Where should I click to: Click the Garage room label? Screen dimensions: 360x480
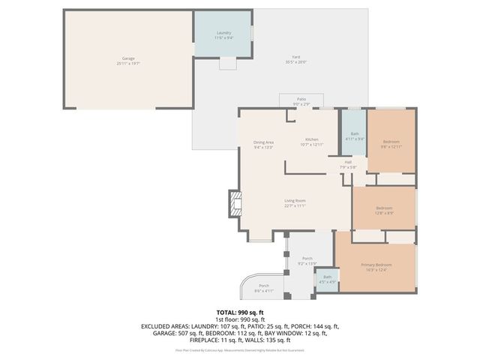click(128, 58)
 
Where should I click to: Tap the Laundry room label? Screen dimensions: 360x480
click(223, 33)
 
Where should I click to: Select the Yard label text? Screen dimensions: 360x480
click(296, 58)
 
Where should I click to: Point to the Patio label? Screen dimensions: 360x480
click(301, 99)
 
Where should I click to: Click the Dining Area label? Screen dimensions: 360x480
click(262, 142)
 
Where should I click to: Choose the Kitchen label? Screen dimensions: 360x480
click(311, 139)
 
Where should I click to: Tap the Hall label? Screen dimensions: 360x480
click(349, 162)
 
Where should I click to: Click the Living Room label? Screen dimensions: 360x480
click(295, 200)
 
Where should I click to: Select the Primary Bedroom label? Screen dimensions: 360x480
click(376, 265)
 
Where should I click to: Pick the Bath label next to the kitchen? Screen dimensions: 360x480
click(355, 134)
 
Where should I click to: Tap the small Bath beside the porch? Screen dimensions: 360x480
click(327, 277)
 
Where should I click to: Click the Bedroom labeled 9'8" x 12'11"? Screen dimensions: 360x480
click(391, 142)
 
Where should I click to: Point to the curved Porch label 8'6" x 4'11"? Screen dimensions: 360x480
click(263, 286)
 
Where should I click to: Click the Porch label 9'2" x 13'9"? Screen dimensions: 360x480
click(307, 259)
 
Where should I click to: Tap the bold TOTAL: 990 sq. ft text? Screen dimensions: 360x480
click(240, 312)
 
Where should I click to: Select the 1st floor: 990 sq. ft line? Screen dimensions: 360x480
click(240, 319)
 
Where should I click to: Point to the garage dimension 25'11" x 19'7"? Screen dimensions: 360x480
click(128, 64)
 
